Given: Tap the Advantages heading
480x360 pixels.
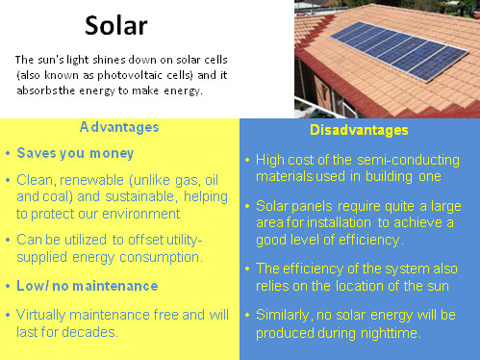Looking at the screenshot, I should point(119,127).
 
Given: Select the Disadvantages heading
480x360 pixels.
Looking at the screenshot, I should point(358,130).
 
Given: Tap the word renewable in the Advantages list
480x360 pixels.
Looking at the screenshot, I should point(94,180).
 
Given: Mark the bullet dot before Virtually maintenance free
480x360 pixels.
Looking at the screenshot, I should point(8,315).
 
